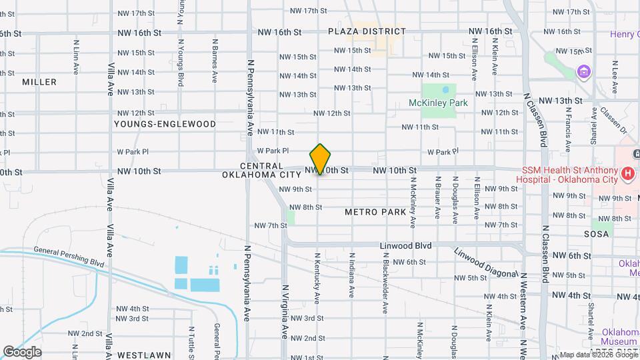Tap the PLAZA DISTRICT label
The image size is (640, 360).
(367, 31)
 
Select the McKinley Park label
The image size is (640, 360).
(438, 103)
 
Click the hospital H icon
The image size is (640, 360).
(627, 175)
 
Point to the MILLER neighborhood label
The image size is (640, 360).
(39, 82)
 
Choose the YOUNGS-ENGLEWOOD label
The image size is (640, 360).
(165, 124)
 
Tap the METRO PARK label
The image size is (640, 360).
(375, 212)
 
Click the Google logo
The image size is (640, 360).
(22, 352)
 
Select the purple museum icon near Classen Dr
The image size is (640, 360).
(584, 71)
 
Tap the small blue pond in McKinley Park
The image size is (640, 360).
(445, 89)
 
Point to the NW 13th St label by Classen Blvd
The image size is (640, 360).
(561, 101)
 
